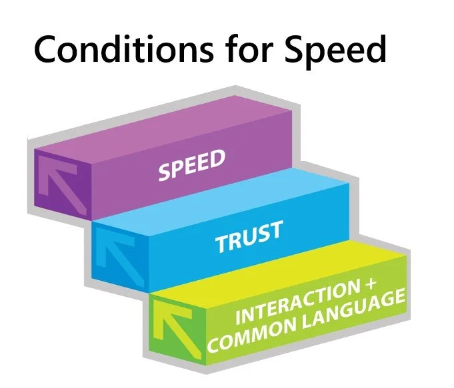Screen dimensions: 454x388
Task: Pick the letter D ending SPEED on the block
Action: pyautogui.click(x=219, y=158)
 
